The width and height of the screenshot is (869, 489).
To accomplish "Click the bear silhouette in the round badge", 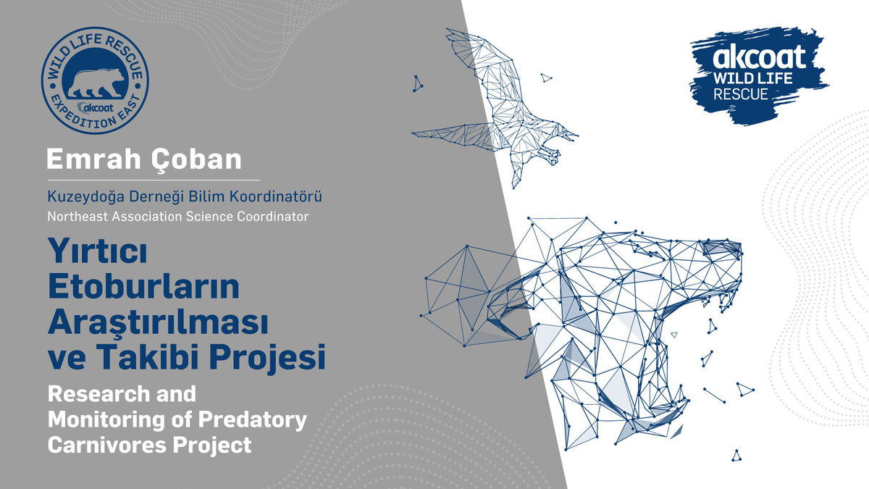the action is [96, 83].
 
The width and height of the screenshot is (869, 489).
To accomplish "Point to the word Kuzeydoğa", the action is [85, 197].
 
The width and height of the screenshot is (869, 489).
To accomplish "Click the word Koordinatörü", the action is [275, 196].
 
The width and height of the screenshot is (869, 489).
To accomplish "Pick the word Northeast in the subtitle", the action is [77, 216].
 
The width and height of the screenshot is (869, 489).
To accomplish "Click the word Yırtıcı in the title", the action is [97, 251].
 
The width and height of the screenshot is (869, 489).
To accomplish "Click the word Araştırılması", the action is [159, 323].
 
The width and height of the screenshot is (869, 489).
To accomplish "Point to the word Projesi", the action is [268, 358].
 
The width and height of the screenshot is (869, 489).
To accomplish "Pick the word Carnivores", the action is [107, 445].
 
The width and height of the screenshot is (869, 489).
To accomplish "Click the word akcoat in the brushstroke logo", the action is [759, 57].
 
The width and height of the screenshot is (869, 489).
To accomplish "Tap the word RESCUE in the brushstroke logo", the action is [741, 94].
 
